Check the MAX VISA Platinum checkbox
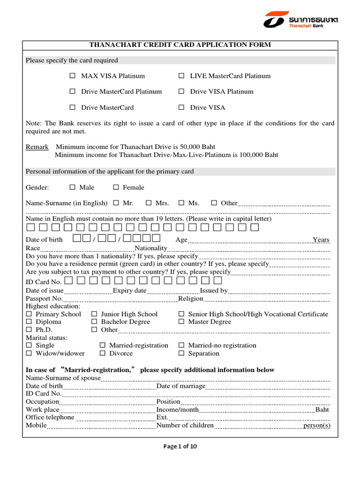pyautogui.click(x=73, y=76)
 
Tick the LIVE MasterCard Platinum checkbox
pyautogui.click(x=181, y=76)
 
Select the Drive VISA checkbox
pyautogui.click(x=181, y=108)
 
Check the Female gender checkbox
pyautogui.click(x=116, y=187)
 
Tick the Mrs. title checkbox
pyautogui.click(x=149, y=203)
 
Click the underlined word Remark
pyautogui.click(x=37, y=147)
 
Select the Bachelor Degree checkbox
pyautogui.click(x=94, y=322)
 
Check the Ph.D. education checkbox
pyautogui.click(x=29, y=330)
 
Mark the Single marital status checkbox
pyautogui.click(x=29, y=345)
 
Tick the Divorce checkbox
pyautogui.click(x=103, y=353)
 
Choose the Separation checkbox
pyautogui.click(x=181, y=353)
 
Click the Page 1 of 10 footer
pyautogui.click(x=180, y=446)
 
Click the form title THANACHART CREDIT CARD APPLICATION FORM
pyautogui.click(x=180, y=45)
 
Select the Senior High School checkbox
pyautogui.click(x=181, y=314)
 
